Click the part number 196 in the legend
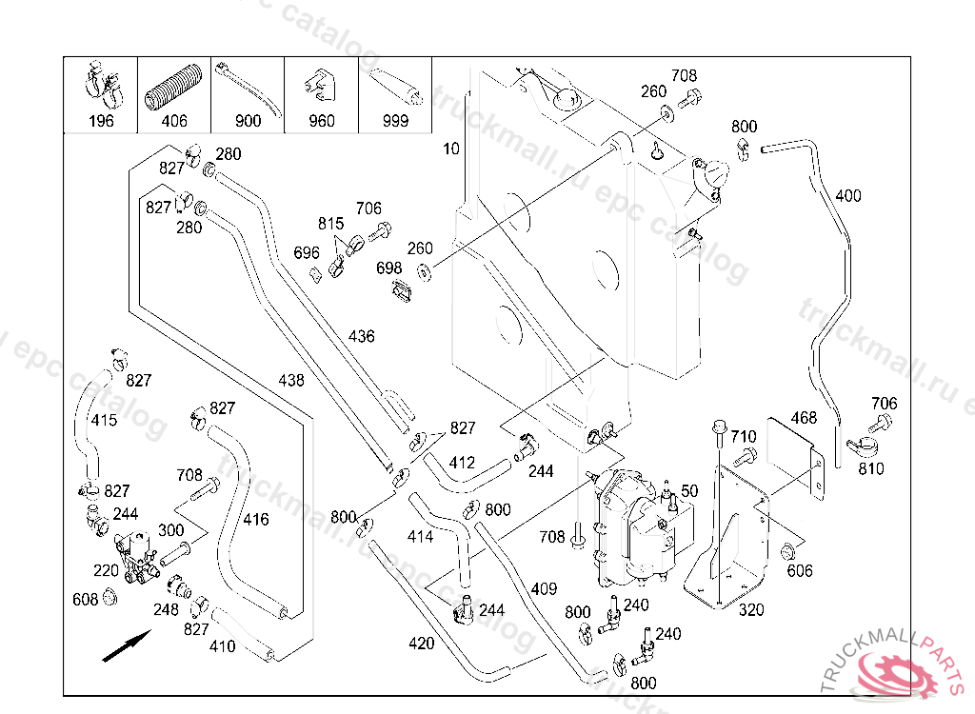tap(101, 121)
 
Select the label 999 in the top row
tap(394, 121)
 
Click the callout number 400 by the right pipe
tap(847, 196)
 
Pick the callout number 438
tap(291, 380)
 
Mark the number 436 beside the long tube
tap(362, 336)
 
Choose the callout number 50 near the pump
tap(689, 490)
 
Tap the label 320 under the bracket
tap(751, 610)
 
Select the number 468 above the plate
tap(804, 418)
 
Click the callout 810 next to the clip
tap(870, 468)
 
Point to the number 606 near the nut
tap(800, 570)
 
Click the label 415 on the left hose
tap(104, 420)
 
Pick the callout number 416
tap(256, 520)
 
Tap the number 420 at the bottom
tap(421, 644)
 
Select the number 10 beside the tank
tap(451, 149)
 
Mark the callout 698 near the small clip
tap(389, 268)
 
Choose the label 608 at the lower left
tap(86, 600)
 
